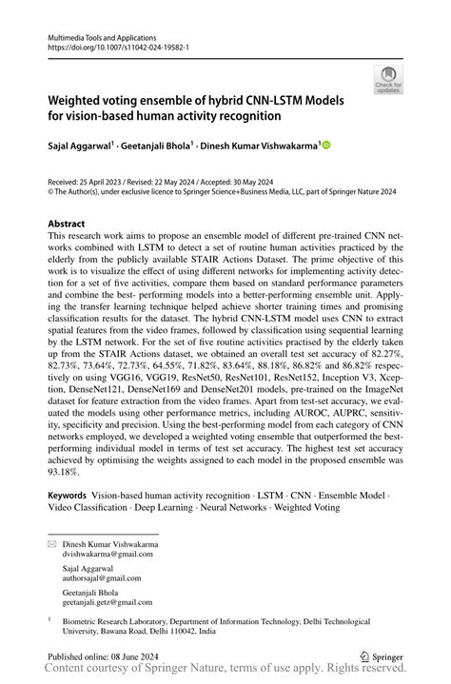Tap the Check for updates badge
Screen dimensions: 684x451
click(389, 82)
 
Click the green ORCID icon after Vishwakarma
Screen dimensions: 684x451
click(326, 145)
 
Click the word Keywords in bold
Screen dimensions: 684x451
click(68, 496)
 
